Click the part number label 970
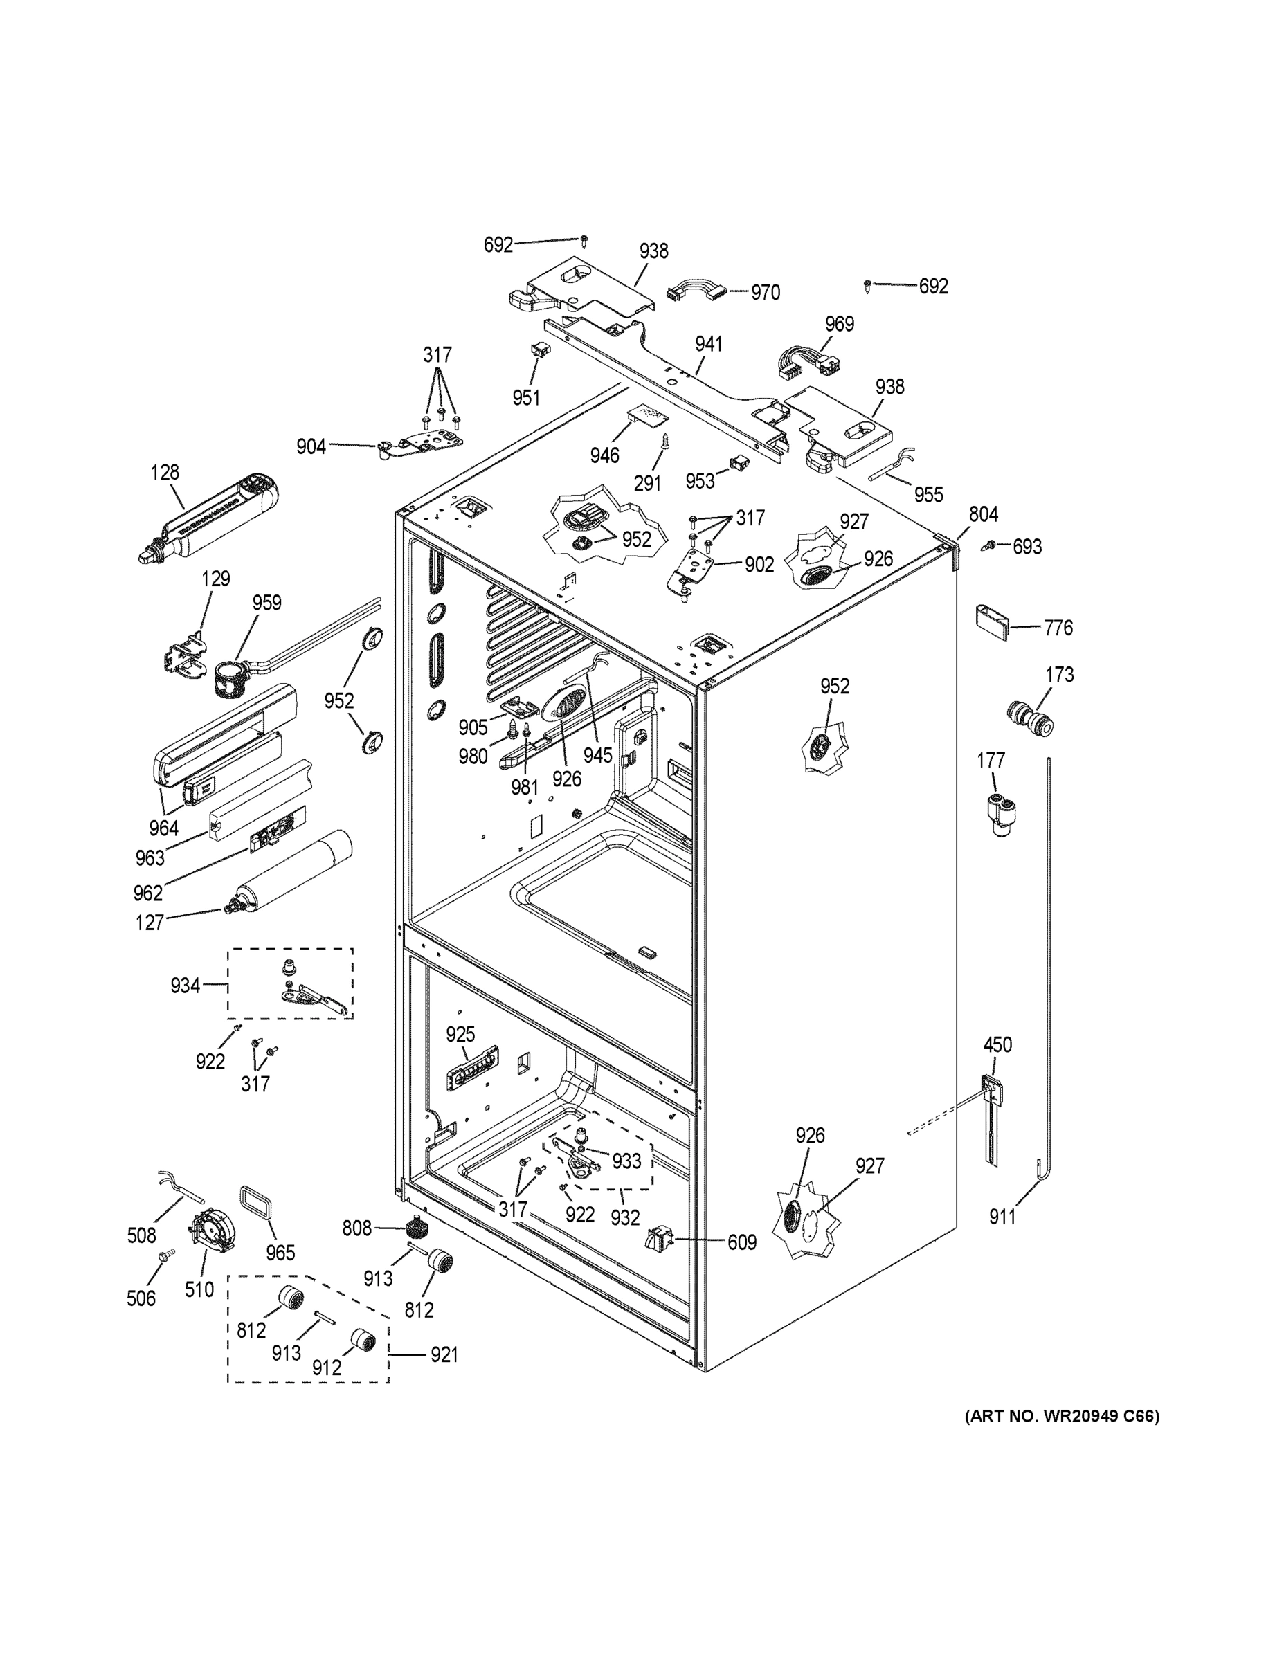point(766,293)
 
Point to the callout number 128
point(165,472)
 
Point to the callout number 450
point(997,1045)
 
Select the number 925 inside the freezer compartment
point(460,1035)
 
